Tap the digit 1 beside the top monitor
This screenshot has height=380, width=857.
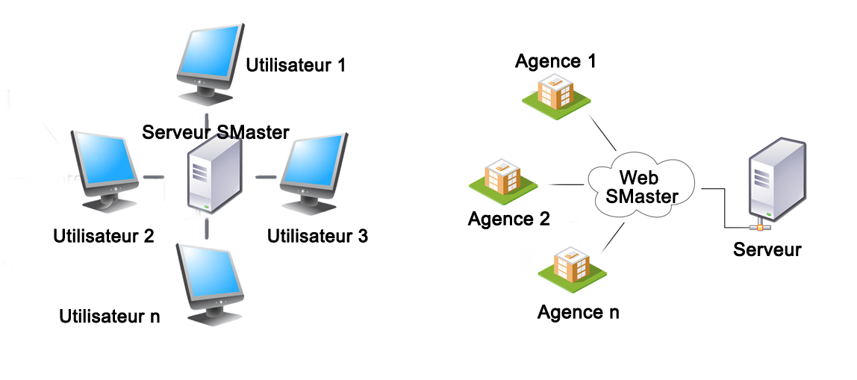tap(340, 65)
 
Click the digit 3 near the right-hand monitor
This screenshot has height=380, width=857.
tap(362, 237)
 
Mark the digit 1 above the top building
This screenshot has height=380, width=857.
tap(591, 61)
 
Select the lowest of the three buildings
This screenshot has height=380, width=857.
tap(572, 267)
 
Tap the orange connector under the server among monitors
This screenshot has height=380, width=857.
tap(199, 223)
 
